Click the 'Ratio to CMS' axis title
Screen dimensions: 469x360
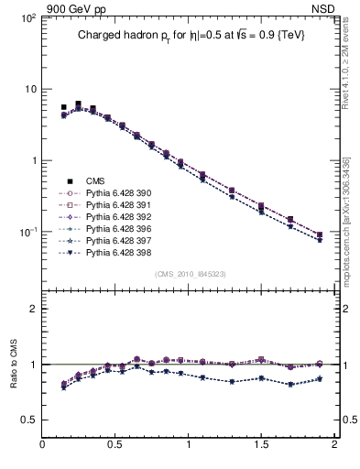[16, 365]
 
